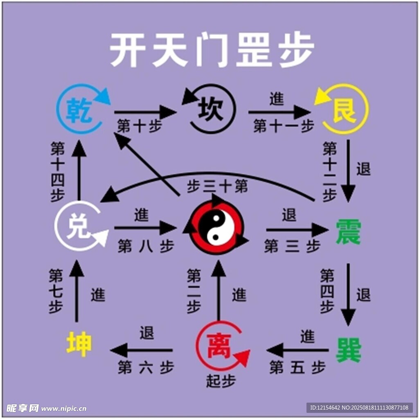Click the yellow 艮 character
pos(344,110)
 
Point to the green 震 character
pos(348,232)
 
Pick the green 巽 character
pos(348,350)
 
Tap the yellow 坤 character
pos(79,345)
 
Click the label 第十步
pos(139,126)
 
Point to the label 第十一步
pos(284,126)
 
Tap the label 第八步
pos(146,246)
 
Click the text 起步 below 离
pos(221,381)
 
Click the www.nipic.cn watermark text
pos(64,408)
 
